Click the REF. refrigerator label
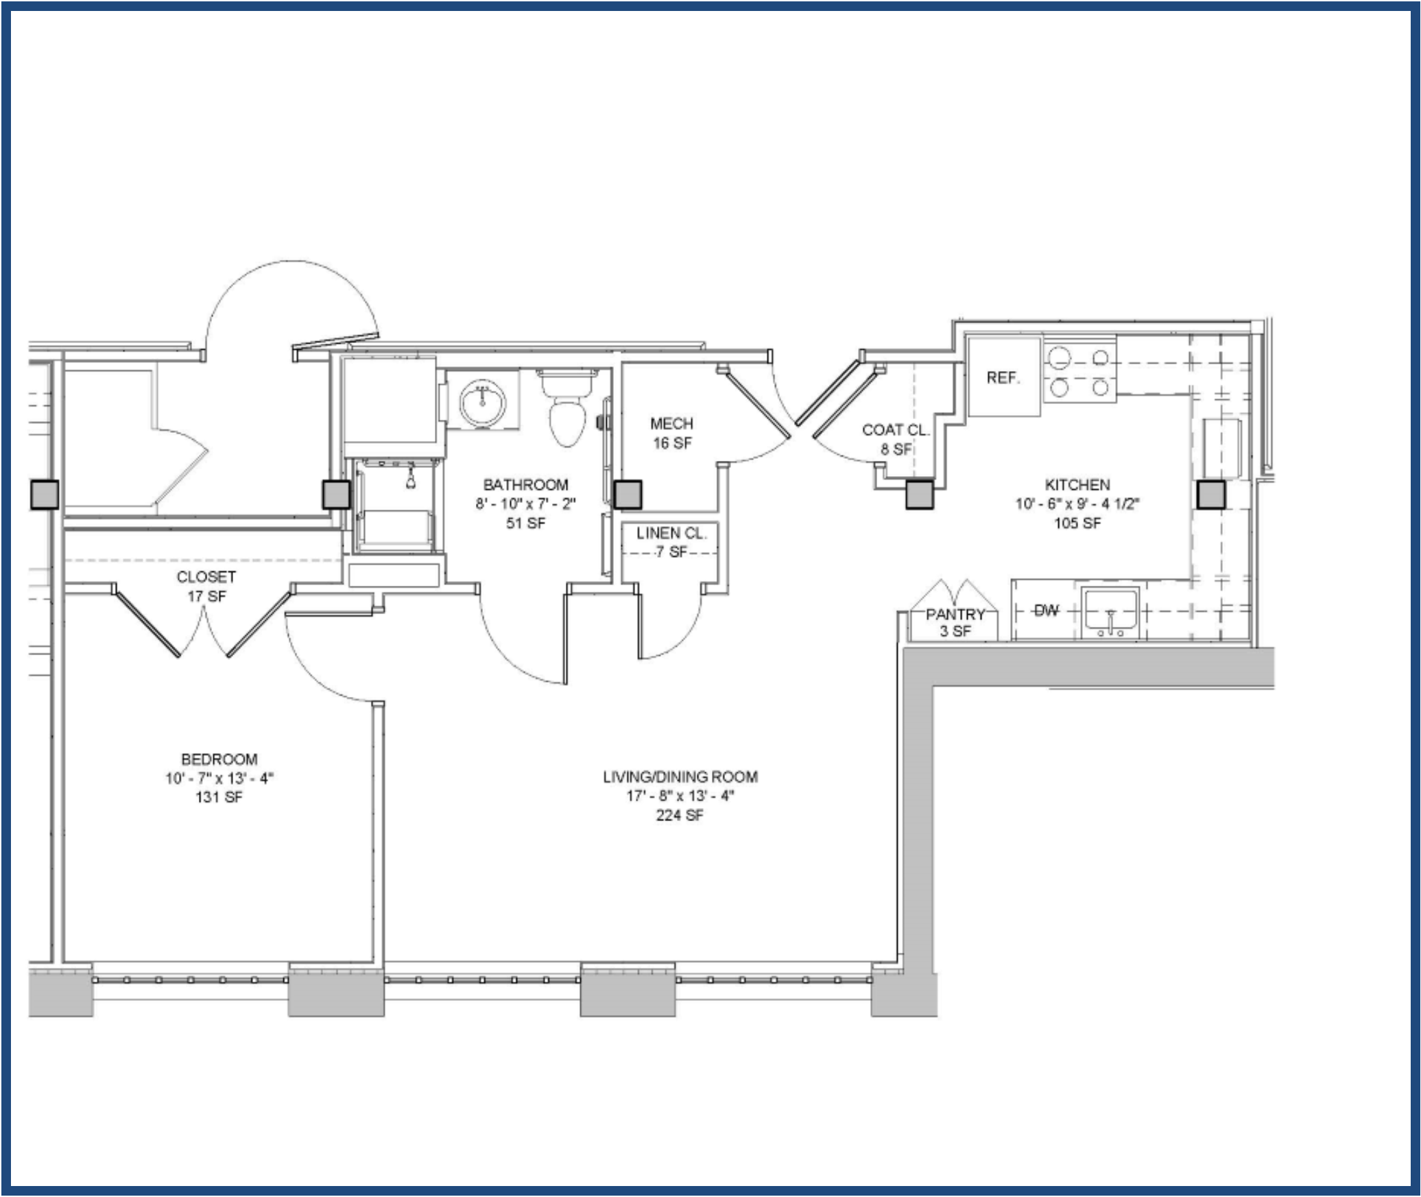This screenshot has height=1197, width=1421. [1003, 378]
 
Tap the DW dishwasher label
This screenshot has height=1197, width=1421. [1046, 610]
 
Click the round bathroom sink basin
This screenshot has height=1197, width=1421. [483, 404]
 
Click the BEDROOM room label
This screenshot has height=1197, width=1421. [219, 759]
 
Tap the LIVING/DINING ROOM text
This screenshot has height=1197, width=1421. [680, 777]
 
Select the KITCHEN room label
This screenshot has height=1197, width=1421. [1077, 484]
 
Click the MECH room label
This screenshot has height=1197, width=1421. [671, 423]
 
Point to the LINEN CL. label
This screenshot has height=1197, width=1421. [671, 533]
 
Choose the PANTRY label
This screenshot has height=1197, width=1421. [955, 614]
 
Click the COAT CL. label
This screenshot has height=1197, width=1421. [896, 430]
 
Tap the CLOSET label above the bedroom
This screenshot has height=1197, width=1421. [206, 577]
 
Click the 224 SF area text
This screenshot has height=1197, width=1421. [680, 816]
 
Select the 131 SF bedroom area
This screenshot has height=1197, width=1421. [219, 797]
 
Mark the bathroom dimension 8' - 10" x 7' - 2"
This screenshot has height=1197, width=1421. [526, 504]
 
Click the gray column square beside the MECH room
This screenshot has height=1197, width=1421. [628, 495]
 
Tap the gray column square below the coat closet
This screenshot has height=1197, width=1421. [920, 495]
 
